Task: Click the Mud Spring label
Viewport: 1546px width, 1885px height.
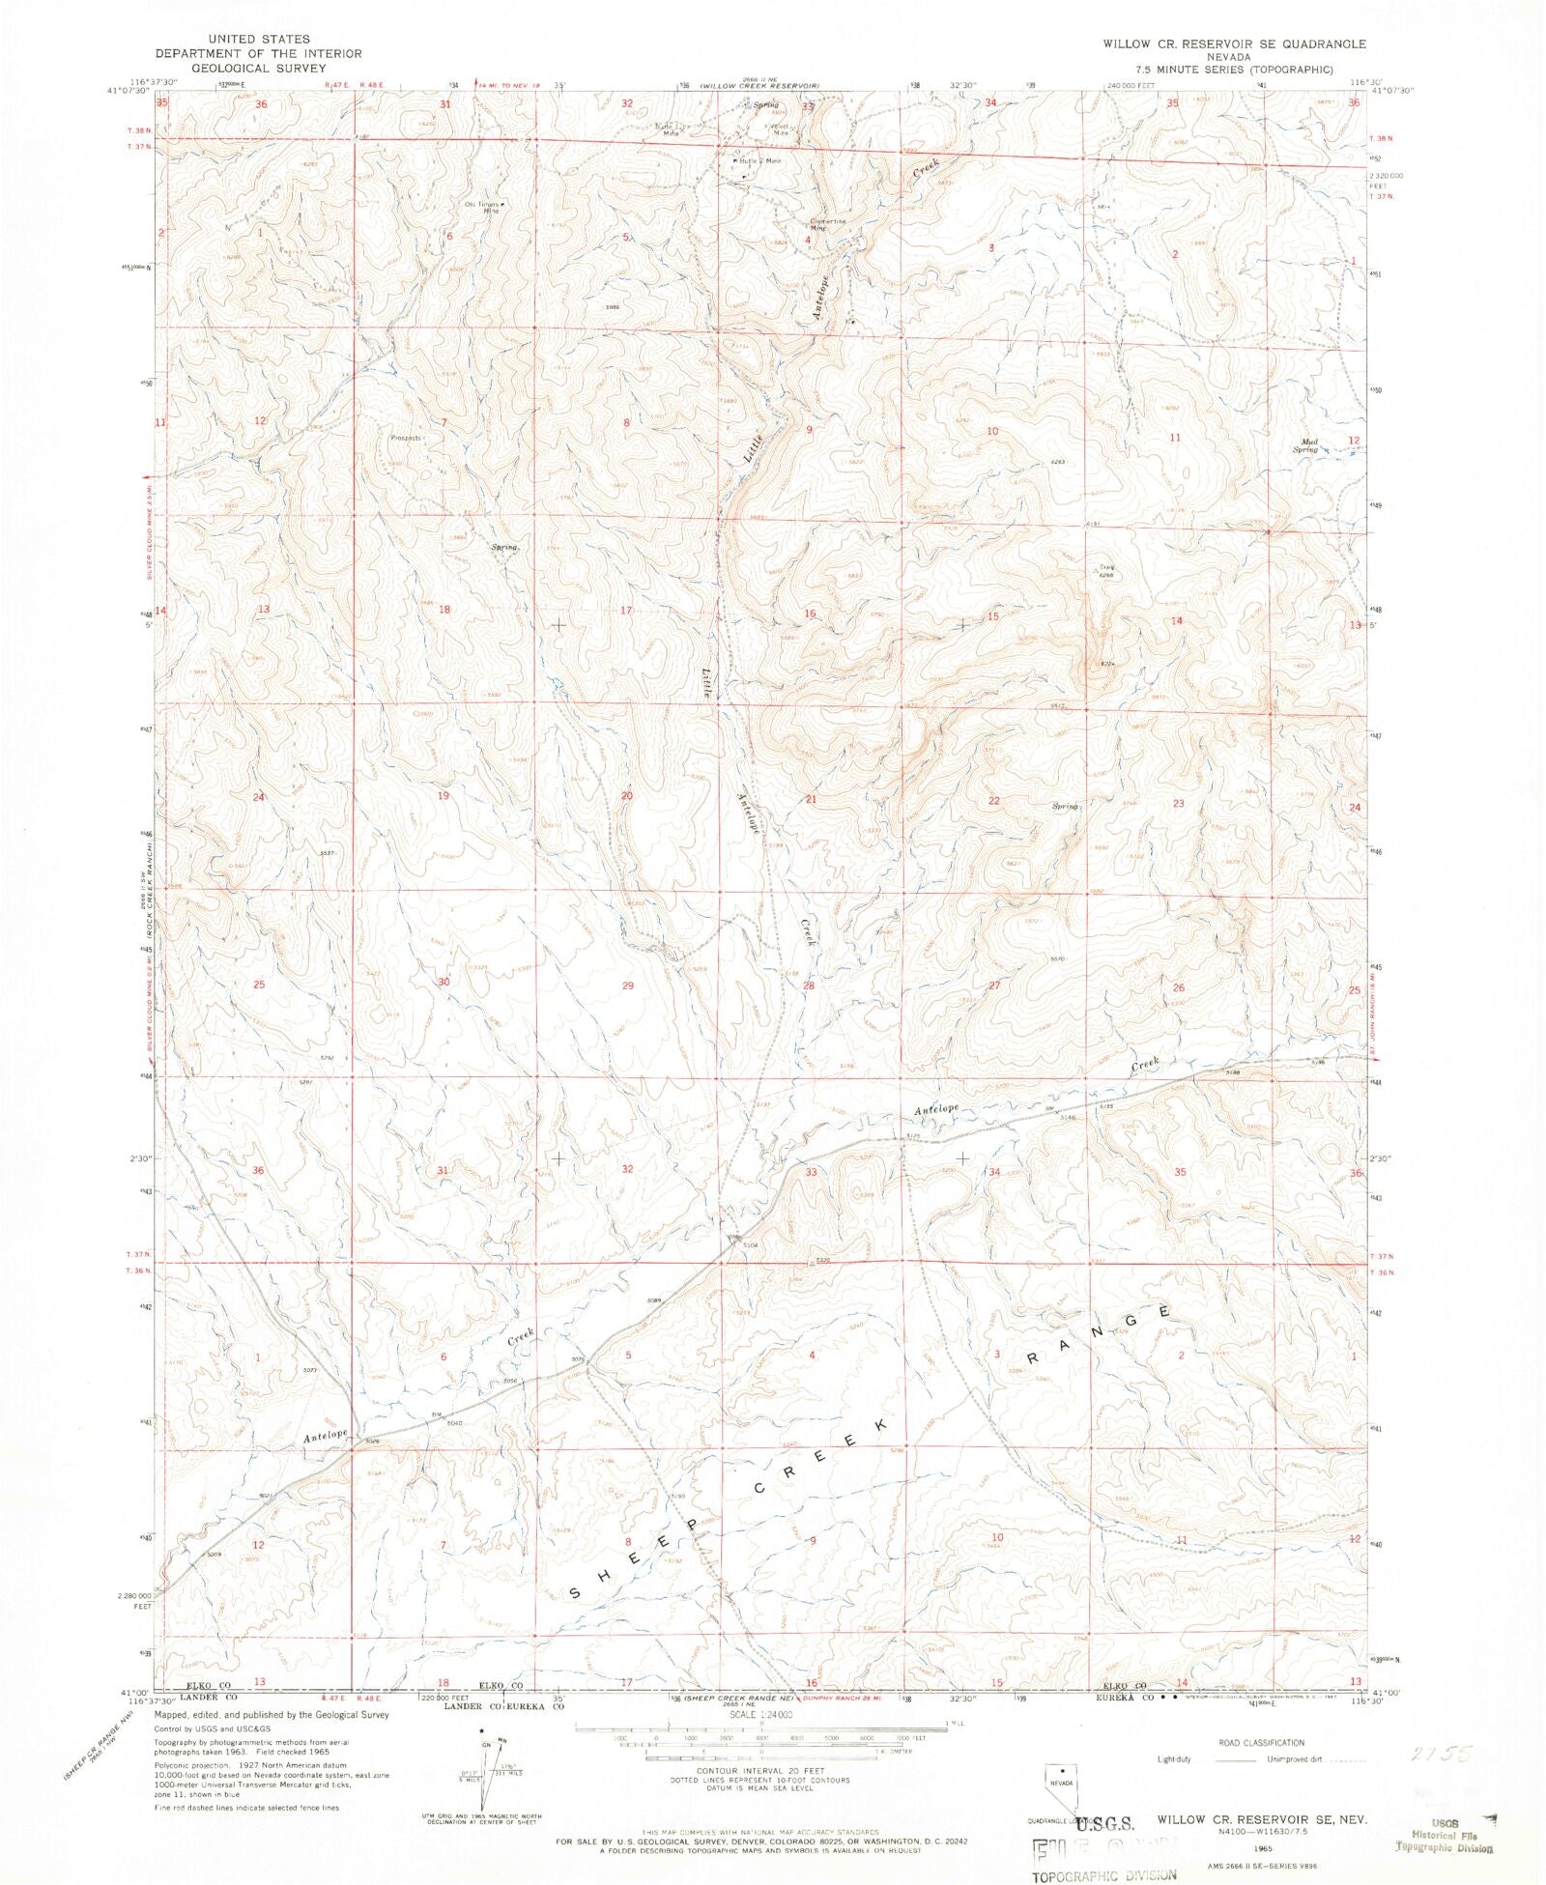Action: (x=1305, y=445)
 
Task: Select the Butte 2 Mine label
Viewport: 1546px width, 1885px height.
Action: (x=759, y=160)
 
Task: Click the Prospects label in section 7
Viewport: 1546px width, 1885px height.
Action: (x=406, y=438)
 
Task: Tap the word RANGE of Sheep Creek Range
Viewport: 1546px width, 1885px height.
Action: (x=1098, y=1334)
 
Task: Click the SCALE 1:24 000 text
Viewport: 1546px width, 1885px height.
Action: (x=761, y=1714)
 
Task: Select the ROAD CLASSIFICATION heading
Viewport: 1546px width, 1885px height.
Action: (x=1261, y=1742)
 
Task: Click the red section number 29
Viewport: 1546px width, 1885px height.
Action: (x=627, y=985)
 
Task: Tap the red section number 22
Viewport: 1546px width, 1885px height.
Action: (x=993, y=801)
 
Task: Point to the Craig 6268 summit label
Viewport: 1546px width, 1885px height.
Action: (x=1106, y=571)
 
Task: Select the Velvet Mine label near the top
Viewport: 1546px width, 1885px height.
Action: (x=780, y=129)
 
